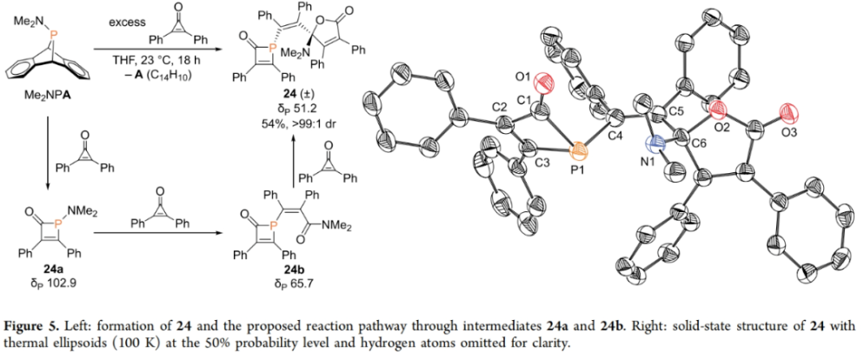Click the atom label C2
click(x=498, y=107)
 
